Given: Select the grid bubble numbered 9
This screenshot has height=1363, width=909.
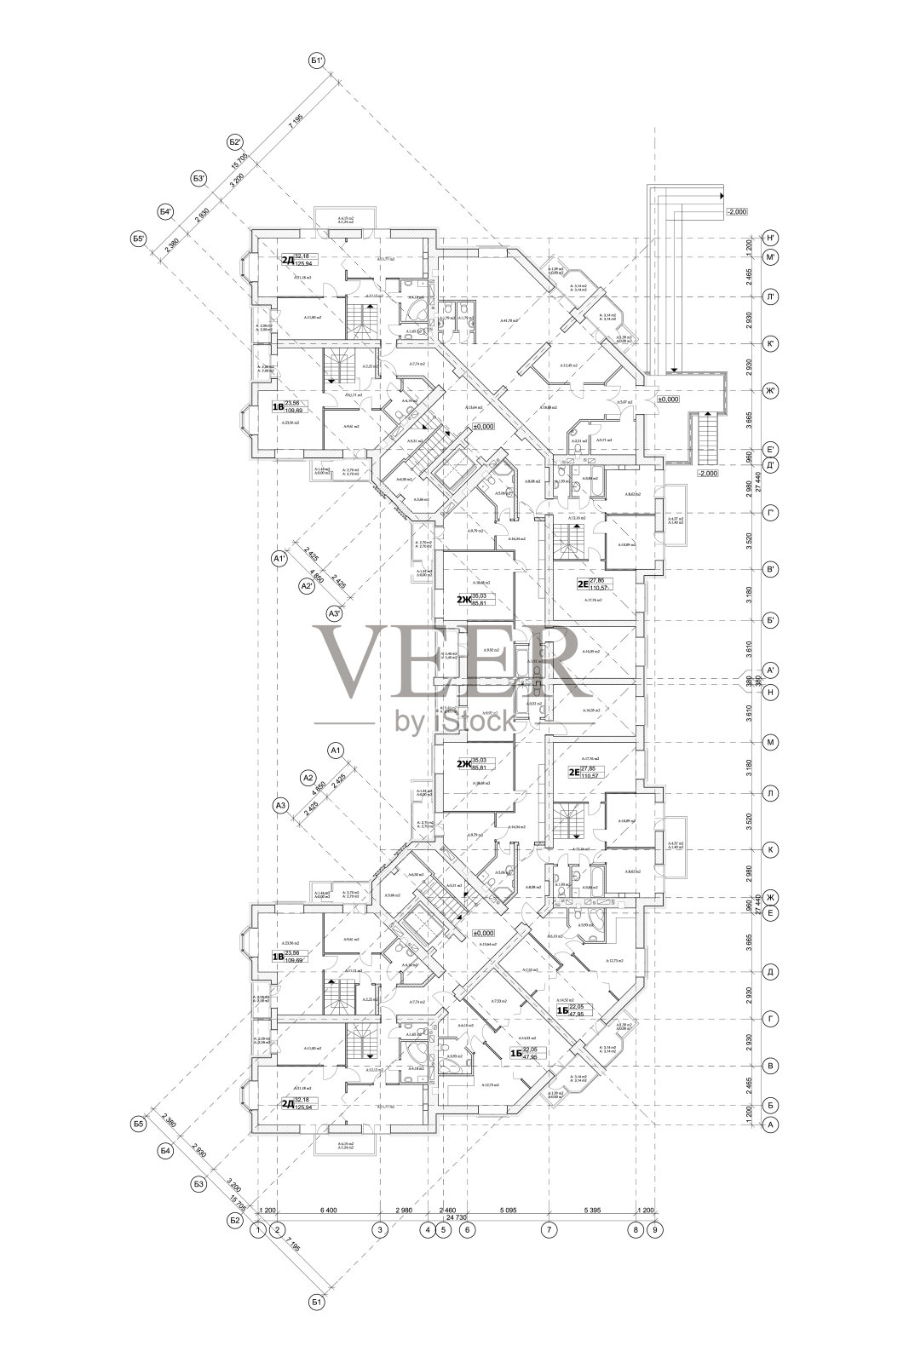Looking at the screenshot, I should pos(654,1229).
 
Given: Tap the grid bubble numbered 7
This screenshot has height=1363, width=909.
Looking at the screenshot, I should pos(549,1229).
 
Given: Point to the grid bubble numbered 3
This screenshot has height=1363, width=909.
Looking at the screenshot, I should pos(380,1229).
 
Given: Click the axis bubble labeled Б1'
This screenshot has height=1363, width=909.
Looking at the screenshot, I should pos(317,60).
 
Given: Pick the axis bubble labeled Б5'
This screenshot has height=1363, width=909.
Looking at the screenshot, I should pos(140,239).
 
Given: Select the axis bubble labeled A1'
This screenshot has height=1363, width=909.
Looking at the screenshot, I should pos(277,559).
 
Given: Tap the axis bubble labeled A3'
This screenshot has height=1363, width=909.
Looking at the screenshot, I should pos(335,612).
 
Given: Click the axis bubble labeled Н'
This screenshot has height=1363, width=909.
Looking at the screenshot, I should pos(770,238).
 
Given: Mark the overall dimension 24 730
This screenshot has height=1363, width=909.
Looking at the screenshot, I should pos(457,1217).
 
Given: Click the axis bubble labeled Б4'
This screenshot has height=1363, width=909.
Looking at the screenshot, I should pos(167,211).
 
